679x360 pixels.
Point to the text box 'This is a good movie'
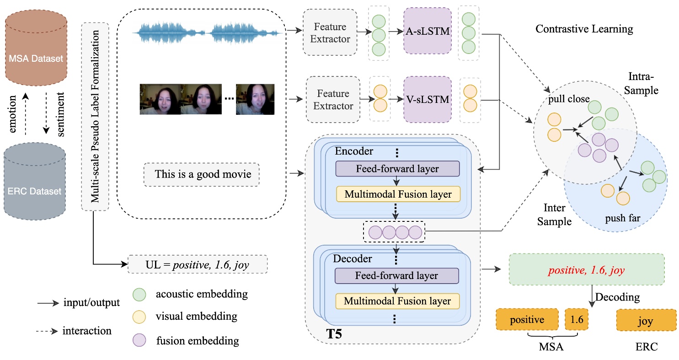click(201, 174)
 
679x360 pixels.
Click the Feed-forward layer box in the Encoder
click(397, 169)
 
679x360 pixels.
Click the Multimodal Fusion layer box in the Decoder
click(397, 301)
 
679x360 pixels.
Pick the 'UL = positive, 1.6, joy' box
click(197, 264)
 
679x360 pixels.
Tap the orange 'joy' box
click(646, 320)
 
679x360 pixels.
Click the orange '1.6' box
click(576, 320)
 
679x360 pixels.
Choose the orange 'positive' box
click(527, 320)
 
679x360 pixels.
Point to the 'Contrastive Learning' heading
click(584, 29)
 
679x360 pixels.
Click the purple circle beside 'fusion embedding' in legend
click(139, 340)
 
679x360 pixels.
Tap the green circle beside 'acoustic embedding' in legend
click(139, 294)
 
